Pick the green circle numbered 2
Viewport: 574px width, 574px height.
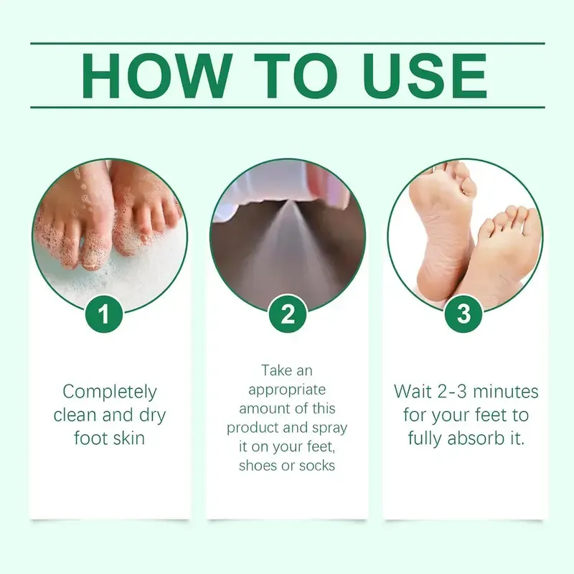pos(287,314)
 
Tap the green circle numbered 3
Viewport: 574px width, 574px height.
pos(464,314)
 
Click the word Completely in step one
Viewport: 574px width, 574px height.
pos(110,392)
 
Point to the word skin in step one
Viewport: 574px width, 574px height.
pos(130,437)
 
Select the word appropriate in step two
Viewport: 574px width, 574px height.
pos(287,390)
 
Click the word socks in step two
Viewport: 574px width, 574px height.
pos(316,466)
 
